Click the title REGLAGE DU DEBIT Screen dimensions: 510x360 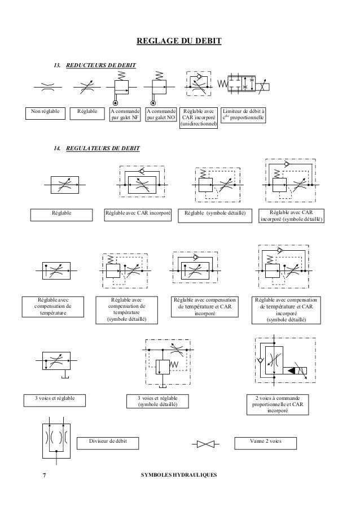pyautogui.click(x=180, y=41)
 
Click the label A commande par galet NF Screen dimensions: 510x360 pyautogui.click(x=124, y=115)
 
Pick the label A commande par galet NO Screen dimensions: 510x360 pyautogui.click(x=161, y=115)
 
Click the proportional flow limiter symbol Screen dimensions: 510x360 pyautogui.click(x=248, y=87)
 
